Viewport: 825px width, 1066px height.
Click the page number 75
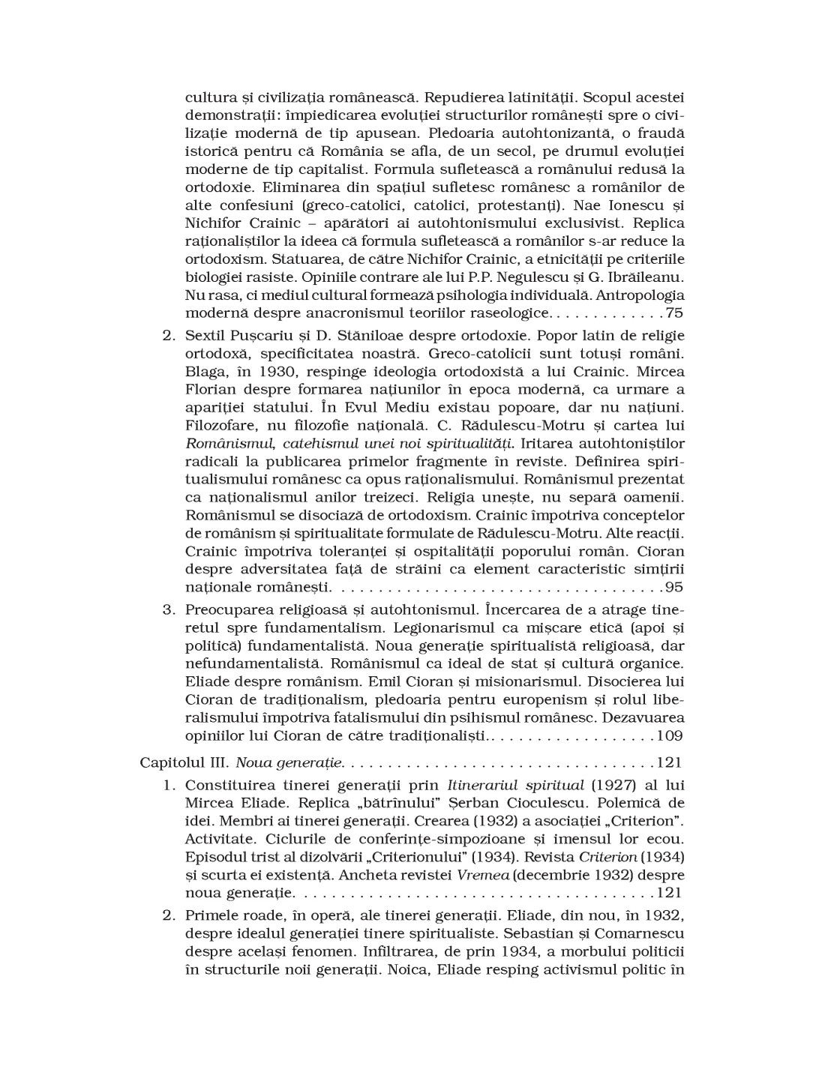(x=675, y=313)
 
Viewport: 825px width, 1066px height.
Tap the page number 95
(x=675, y=587)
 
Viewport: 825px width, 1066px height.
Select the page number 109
(x=670, y=735)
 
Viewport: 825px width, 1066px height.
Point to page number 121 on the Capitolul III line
(x=669, y=763)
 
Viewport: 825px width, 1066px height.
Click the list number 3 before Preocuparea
(x=168, y=609)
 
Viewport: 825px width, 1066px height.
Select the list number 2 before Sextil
(x=168, y=335)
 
